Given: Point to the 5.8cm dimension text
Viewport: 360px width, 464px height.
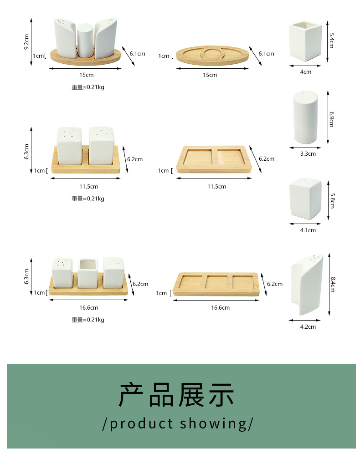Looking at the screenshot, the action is (x=332, y=200).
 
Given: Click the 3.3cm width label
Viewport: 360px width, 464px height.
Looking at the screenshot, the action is (x=308, y=154).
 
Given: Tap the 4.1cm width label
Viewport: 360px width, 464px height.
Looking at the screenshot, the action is (x=308, y=230).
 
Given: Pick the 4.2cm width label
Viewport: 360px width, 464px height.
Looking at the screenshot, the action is (x=308, y=327).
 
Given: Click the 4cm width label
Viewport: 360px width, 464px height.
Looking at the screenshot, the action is (x=306, y=72).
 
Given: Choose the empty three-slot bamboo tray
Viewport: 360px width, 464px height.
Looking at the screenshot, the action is (x=216, y=284).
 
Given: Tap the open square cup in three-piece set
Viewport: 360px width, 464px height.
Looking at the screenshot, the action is (x=88, y=272).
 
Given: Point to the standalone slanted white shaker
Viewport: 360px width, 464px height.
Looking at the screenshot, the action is (x=307, y=283).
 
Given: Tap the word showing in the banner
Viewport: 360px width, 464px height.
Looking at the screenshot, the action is (x=212, y=423).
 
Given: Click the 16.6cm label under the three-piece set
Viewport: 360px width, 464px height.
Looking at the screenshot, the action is (x=88, y=308).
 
